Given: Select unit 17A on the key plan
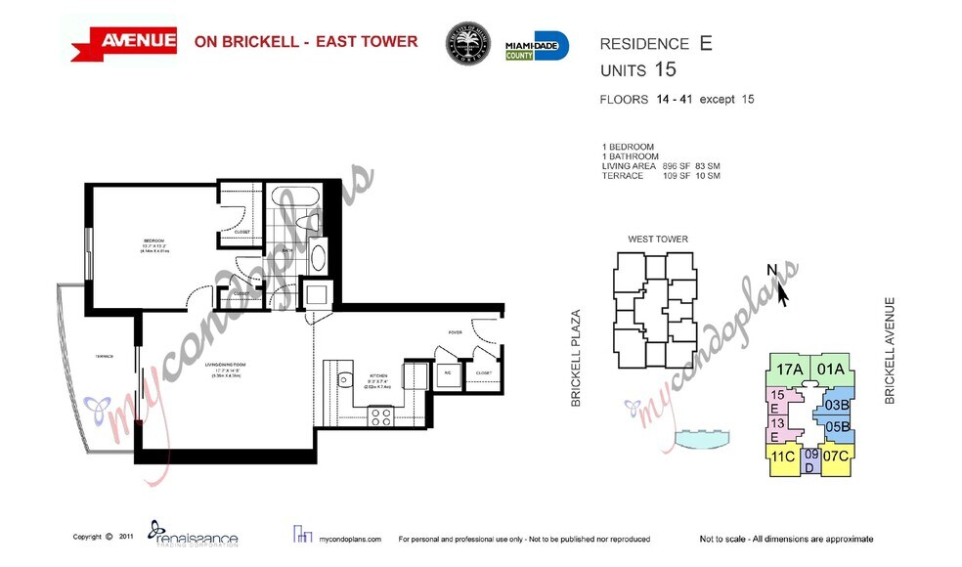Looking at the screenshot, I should pyautogui.click(x=789, y=370).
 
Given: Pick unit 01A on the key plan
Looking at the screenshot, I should pyautogui.click(x=830, y=370).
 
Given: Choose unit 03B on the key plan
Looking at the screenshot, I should pyautogui.click(x=836, y=404).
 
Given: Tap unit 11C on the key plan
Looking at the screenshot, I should pyautogui.click(x=782, y=457).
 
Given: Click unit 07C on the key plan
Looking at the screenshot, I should pyautogui.click(x=835, y=457).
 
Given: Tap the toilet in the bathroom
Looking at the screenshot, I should pyautogui.click(x=319, y=258).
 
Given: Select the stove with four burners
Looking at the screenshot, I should pyautogui.click(x=381, y=415).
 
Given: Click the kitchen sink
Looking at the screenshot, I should pyautogui.click(x=344, y=381).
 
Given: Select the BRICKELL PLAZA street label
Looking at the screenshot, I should pyautogui.click(x=576, y=358).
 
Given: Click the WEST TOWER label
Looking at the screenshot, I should pyautogui.click(x=657, y=240).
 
